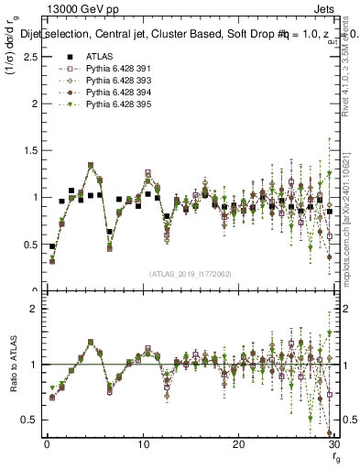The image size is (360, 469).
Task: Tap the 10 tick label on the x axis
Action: point(142,443)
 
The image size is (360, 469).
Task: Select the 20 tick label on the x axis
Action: point(238,443)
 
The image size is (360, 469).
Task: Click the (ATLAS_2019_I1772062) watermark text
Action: point(189,274)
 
